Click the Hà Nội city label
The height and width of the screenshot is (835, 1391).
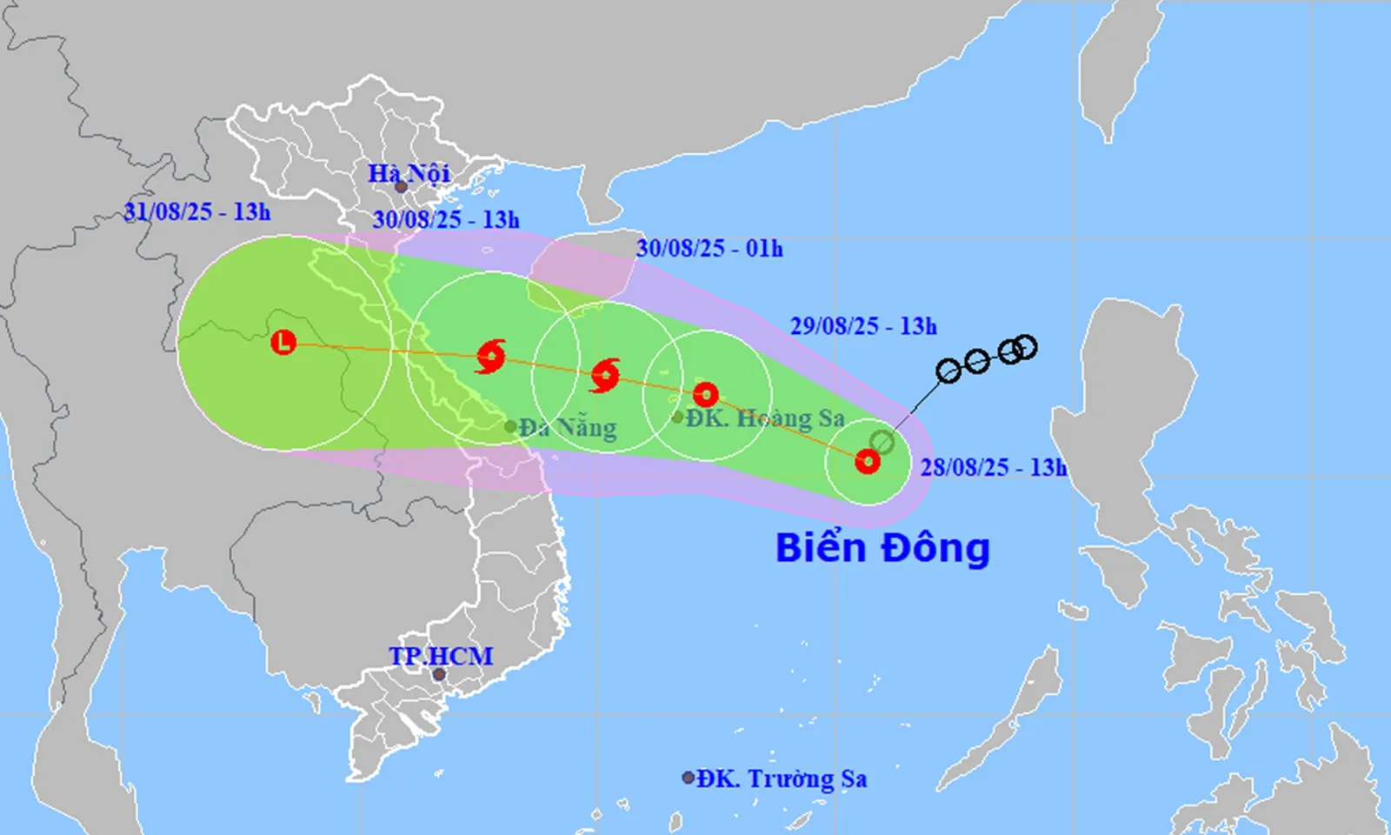pyautogui.click(x=408, y=173)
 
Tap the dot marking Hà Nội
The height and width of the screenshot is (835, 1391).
pyautogui.click(x=402, y=187)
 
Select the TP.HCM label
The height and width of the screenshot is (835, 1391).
pyautogui.click(x=440, y=656)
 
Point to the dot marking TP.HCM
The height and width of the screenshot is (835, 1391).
pyautogui.click(x=439, y=675)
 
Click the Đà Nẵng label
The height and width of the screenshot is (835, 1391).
pyautogui.click(x=568, y=428)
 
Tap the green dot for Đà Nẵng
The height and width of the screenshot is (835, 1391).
pyautogui.click(x=510, y=426)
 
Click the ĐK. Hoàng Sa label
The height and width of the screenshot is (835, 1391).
pyautogui.click(x=764, y=418)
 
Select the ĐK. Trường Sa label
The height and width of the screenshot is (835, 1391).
pyautogui.click(x=781, y=778)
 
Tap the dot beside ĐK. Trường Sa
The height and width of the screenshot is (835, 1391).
pyautogui.click(x=688, y=778)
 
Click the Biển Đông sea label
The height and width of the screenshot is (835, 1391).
pyautogui.click(x=882, y=548)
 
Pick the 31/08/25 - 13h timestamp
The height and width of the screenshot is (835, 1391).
pyautogui.click(x=196, y=211)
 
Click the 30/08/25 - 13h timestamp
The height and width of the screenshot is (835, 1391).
pyautogui.click(x=446, y=219)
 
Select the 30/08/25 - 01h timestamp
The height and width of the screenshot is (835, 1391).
pyautogui.click(x=709, y=249)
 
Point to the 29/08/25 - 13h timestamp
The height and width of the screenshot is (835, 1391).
pyautogui.click(x=863, y=326)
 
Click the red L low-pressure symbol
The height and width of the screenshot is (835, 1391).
pyautogui.click(x=283, y=342)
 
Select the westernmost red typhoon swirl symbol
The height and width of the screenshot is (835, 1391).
pyautogui.click(x=491, y=357)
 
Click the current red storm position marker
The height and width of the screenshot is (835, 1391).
pyautogui.click(x=867, y=461)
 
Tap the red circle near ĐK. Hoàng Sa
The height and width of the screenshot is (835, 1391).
pyautogui.click(x=705, y=395)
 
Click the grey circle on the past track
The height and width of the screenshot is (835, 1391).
pyautogui.click(x=882, y=442)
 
